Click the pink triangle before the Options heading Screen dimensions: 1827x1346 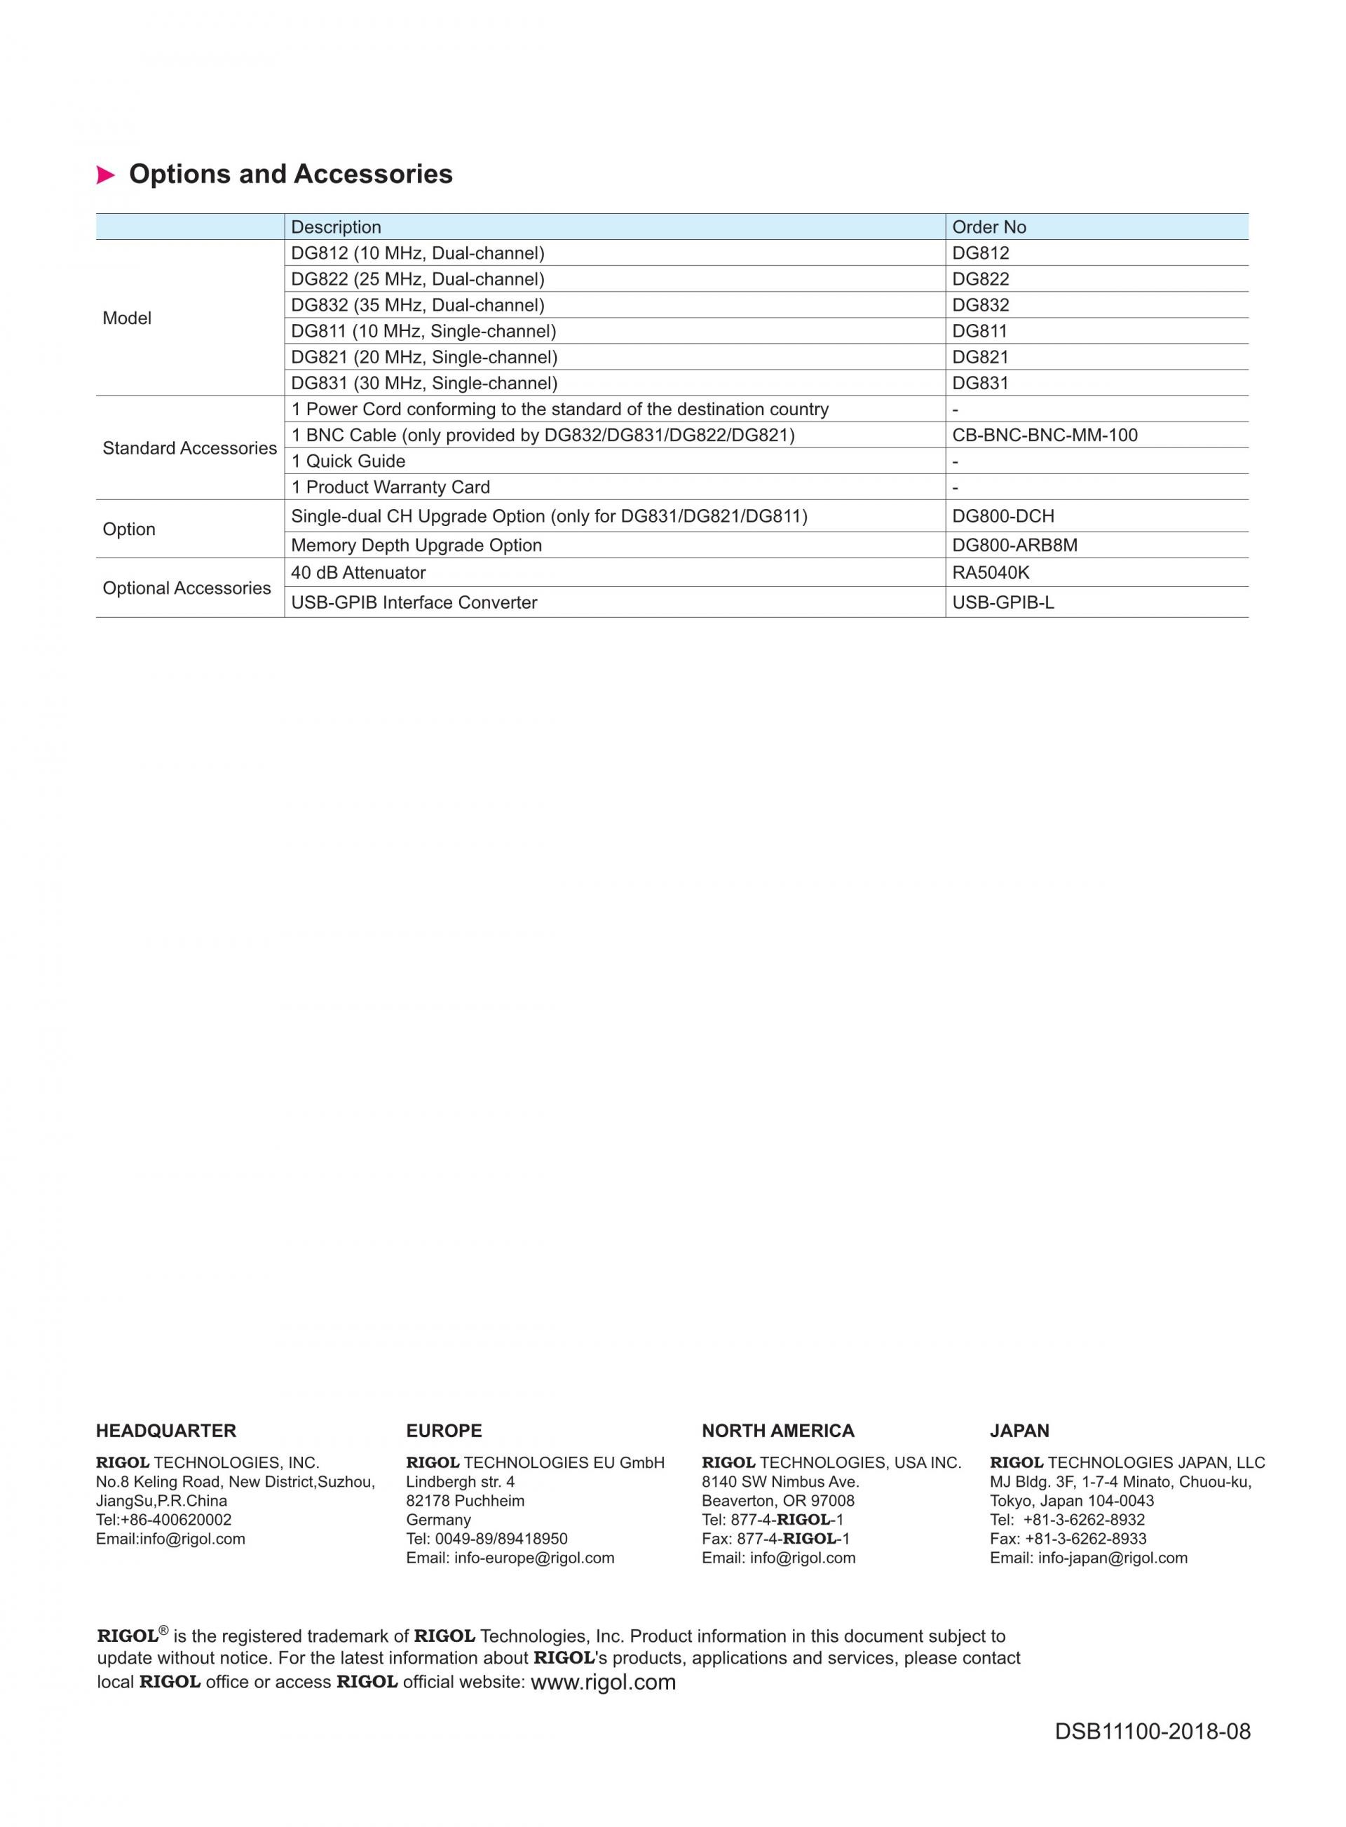coord(105,175)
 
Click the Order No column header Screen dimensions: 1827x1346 coord(988,227)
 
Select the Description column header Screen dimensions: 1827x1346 coord(336,227)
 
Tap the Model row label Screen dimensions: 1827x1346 coord(127,318)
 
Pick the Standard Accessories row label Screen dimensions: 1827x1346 coord(189,448)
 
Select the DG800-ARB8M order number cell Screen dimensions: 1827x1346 coord(1014,545)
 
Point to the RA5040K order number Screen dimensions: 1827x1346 coord(991,573)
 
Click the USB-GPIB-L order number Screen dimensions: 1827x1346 coord(1003,603)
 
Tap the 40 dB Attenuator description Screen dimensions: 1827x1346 coord(358,573)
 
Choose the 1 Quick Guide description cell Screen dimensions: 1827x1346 coord(348,461)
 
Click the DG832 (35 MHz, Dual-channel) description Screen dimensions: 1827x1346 coord(418,306)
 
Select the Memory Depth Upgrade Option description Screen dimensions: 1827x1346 coord(416,545)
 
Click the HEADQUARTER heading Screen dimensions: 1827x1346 coord(166,1431)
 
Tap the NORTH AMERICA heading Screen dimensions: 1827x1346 coord(778,1431)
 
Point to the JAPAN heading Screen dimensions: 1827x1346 coord(1019,1431)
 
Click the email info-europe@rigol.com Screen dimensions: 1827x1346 coord(533,1558)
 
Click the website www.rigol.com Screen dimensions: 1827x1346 coord(603,1683)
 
